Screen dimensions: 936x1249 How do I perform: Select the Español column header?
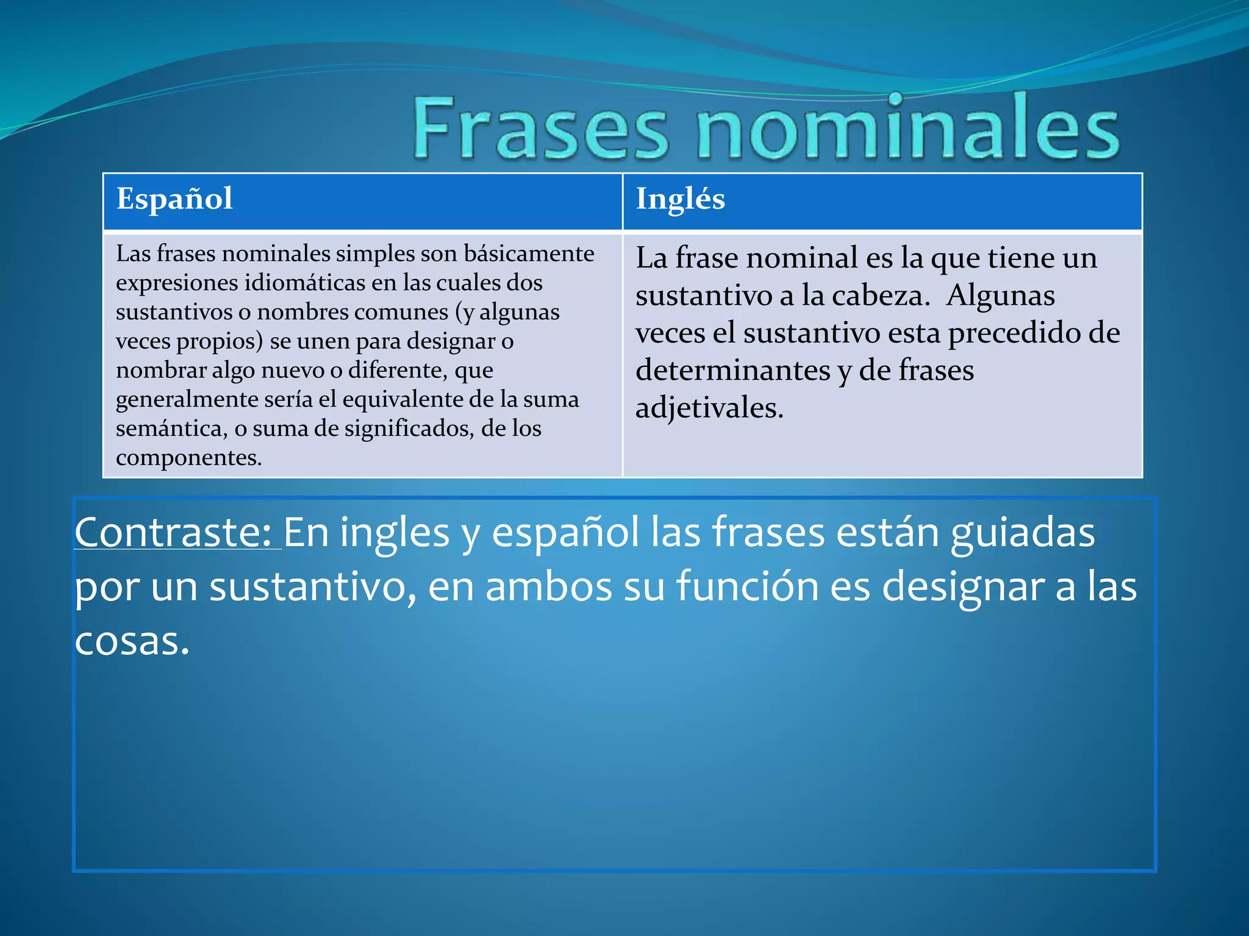coord(174,199)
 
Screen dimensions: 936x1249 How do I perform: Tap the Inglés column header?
coord(680,199)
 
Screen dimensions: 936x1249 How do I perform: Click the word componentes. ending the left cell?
coord(188,458)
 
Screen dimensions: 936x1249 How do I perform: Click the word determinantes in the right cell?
coord(732,370)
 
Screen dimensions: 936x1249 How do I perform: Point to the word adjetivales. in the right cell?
coord(709,408)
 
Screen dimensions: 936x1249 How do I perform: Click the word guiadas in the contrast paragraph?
coord(1022,533)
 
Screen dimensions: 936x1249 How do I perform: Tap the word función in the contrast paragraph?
coord(747,586)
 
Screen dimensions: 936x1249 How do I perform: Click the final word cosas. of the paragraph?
coord(132,641)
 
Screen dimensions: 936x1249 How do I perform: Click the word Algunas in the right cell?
coord(1000,296)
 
